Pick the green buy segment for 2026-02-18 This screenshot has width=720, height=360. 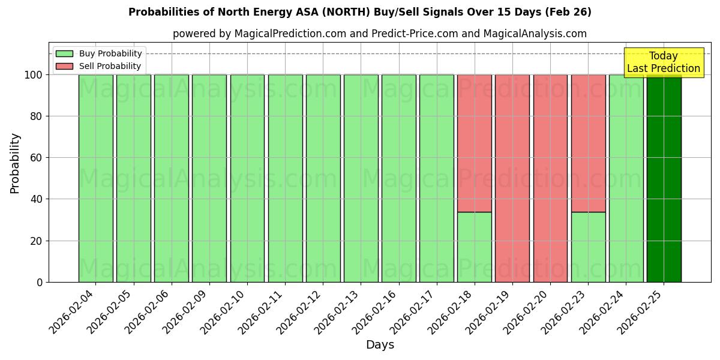[475, 247]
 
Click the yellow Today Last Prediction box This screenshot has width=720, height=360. [663, 62]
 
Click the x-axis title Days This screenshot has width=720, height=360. [380, 345]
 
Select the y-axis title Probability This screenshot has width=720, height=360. [15, 163]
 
